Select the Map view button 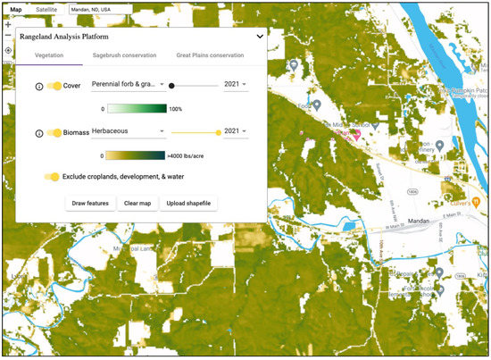coord(16,9)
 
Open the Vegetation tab coord(49,55)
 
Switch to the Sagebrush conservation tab coord(125,55)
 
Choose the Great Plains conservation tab coord(210,55)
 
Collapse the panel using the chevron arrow coord(259,37)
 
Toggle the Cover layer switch coord(54,86)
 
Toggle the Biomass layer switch coord(54,132)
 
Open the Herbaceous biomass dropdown coord(129,131)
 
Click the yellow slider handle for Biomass coord(219,131)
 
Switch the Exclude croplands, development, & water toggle coord(52,177)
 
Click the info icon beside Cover coord(38,86)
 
